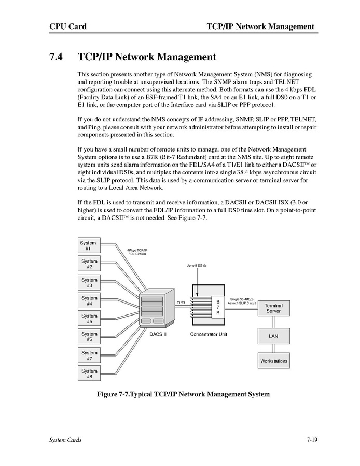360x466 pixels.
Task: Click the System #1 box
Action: click(89, 245)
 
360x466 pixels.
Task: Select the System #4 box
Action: click(89, 300)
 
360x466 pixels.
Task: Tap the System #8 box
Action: click(89, 373)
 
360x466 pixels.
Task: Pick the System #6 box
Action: click(89, 336)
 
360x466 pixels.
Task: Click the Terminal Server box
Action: click(273, 308)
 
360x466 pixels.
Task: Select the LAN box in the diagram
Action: click(273, 336)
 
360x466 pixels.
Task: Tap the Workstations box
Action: click(273, 361)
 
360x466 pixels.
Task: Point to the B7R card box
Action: click(218, 307)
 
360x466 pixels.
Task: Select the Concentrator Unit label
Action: click(209, 334)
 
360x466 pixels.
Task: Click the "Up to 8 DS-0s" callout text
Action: click(197, 266)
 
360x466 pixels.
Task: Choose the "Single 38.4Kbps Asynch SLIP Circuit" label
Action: click(242, 301)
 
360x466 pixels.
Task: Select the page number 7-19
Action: click(312, 440)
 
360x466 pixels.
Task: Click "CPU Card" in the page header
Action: click(67, 26)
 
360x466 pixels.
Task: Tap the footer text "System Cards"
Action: click(65, 440)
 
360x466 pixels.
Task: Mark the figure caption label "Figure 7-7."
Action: click(114, 394)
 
